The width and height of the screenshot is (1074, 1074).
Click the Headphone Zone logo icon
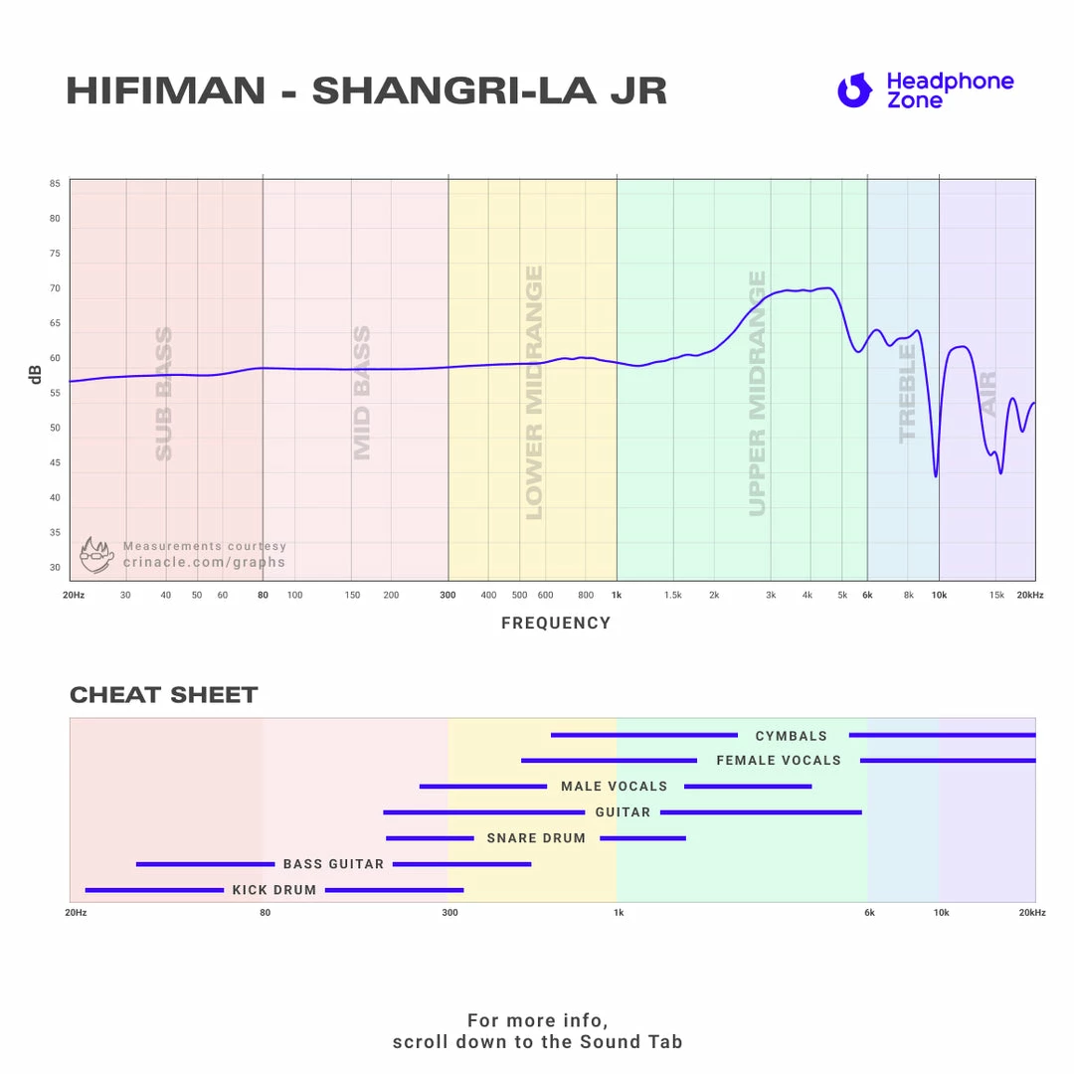click(853, 90)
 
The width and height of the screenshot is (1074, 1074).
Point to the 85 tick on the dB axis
click(55, 184)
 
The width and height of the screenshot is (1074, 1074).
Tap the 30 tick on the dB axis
click(55, 568)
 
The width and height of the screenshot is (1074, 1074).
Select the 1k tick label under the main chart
click(617, 595)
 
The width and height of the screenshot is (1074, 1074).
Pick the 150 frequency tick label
click(352, 595)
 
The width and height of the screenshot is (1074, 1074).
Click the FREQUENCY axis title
click(556, 624)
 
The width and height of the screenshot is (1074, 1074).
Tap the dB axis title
click(36, 375)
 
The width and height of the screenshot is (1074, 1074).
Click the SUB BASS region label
click(164, 394)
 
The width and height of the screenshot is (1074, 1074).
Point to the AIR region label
click(987, 394)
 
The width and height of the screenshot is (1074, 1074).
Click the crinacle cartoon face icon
click(96, 556)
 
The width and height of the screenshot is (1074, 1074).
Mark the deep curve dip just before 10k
click(935, 474)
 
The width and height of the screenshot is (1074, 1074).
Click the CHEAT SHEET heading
click(164, 695)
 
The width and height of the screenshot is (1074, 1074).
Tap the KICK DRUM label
click(274, 890)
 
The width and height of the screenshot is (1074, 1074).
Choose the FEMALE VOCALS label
click(779, 761)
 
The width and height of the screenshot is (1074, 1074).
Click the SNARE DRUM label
click(536, 838)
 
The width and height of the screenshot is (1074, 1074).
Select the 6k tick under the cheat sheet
click(869, 913)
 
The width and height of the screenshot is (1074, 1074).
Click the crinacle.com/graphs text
click(204, 562)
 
